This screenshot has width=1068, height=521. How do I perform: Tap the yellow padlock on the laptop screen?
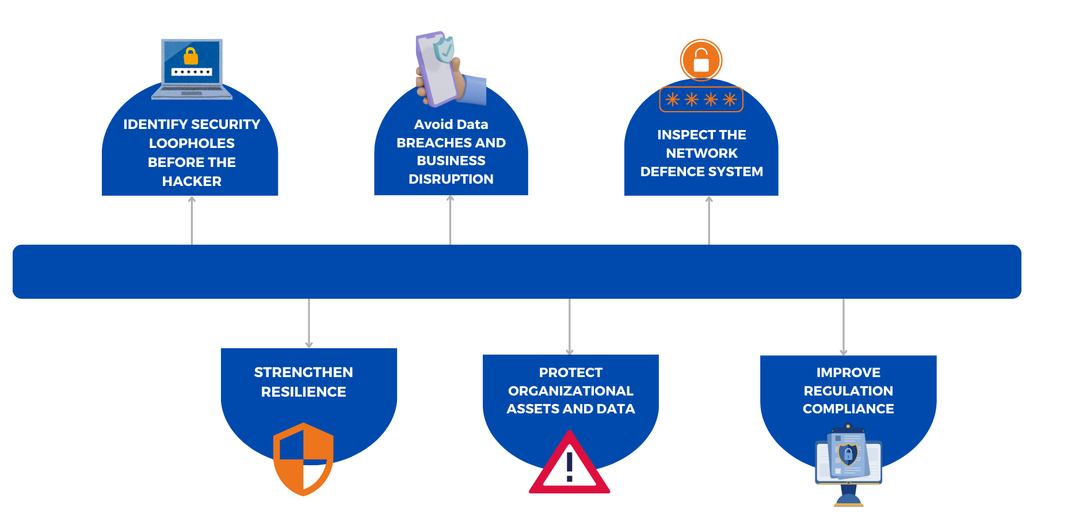click(191, 56)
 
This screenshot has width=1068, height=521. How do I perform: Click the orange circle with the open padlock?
click(701, 60)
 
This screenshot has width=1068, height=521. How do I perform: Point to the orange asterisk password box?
click(701, 100)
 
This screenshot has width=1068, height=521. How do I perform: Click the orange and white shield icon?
click(303, 459)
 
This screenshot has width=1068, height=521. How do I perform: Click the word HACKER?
click(192, 181)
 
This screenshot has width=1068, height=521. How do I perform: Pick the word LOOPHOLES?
click(192, 143)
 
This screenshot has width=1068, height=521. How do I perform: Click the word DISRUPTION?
click(451, 179)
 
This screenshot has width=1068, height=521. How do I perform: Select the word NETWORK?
click(701, 153)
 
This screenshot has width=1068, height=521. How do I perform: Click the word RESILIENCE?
click(303, 392)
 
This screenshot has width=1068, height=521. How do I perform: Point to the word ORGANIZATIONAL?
click(570, 391)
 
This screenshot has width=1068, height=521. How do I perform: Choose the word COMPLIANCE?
click(848, 409)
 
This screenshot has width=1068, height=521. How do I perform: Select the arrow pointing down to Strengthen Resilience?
click(309, 323)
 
